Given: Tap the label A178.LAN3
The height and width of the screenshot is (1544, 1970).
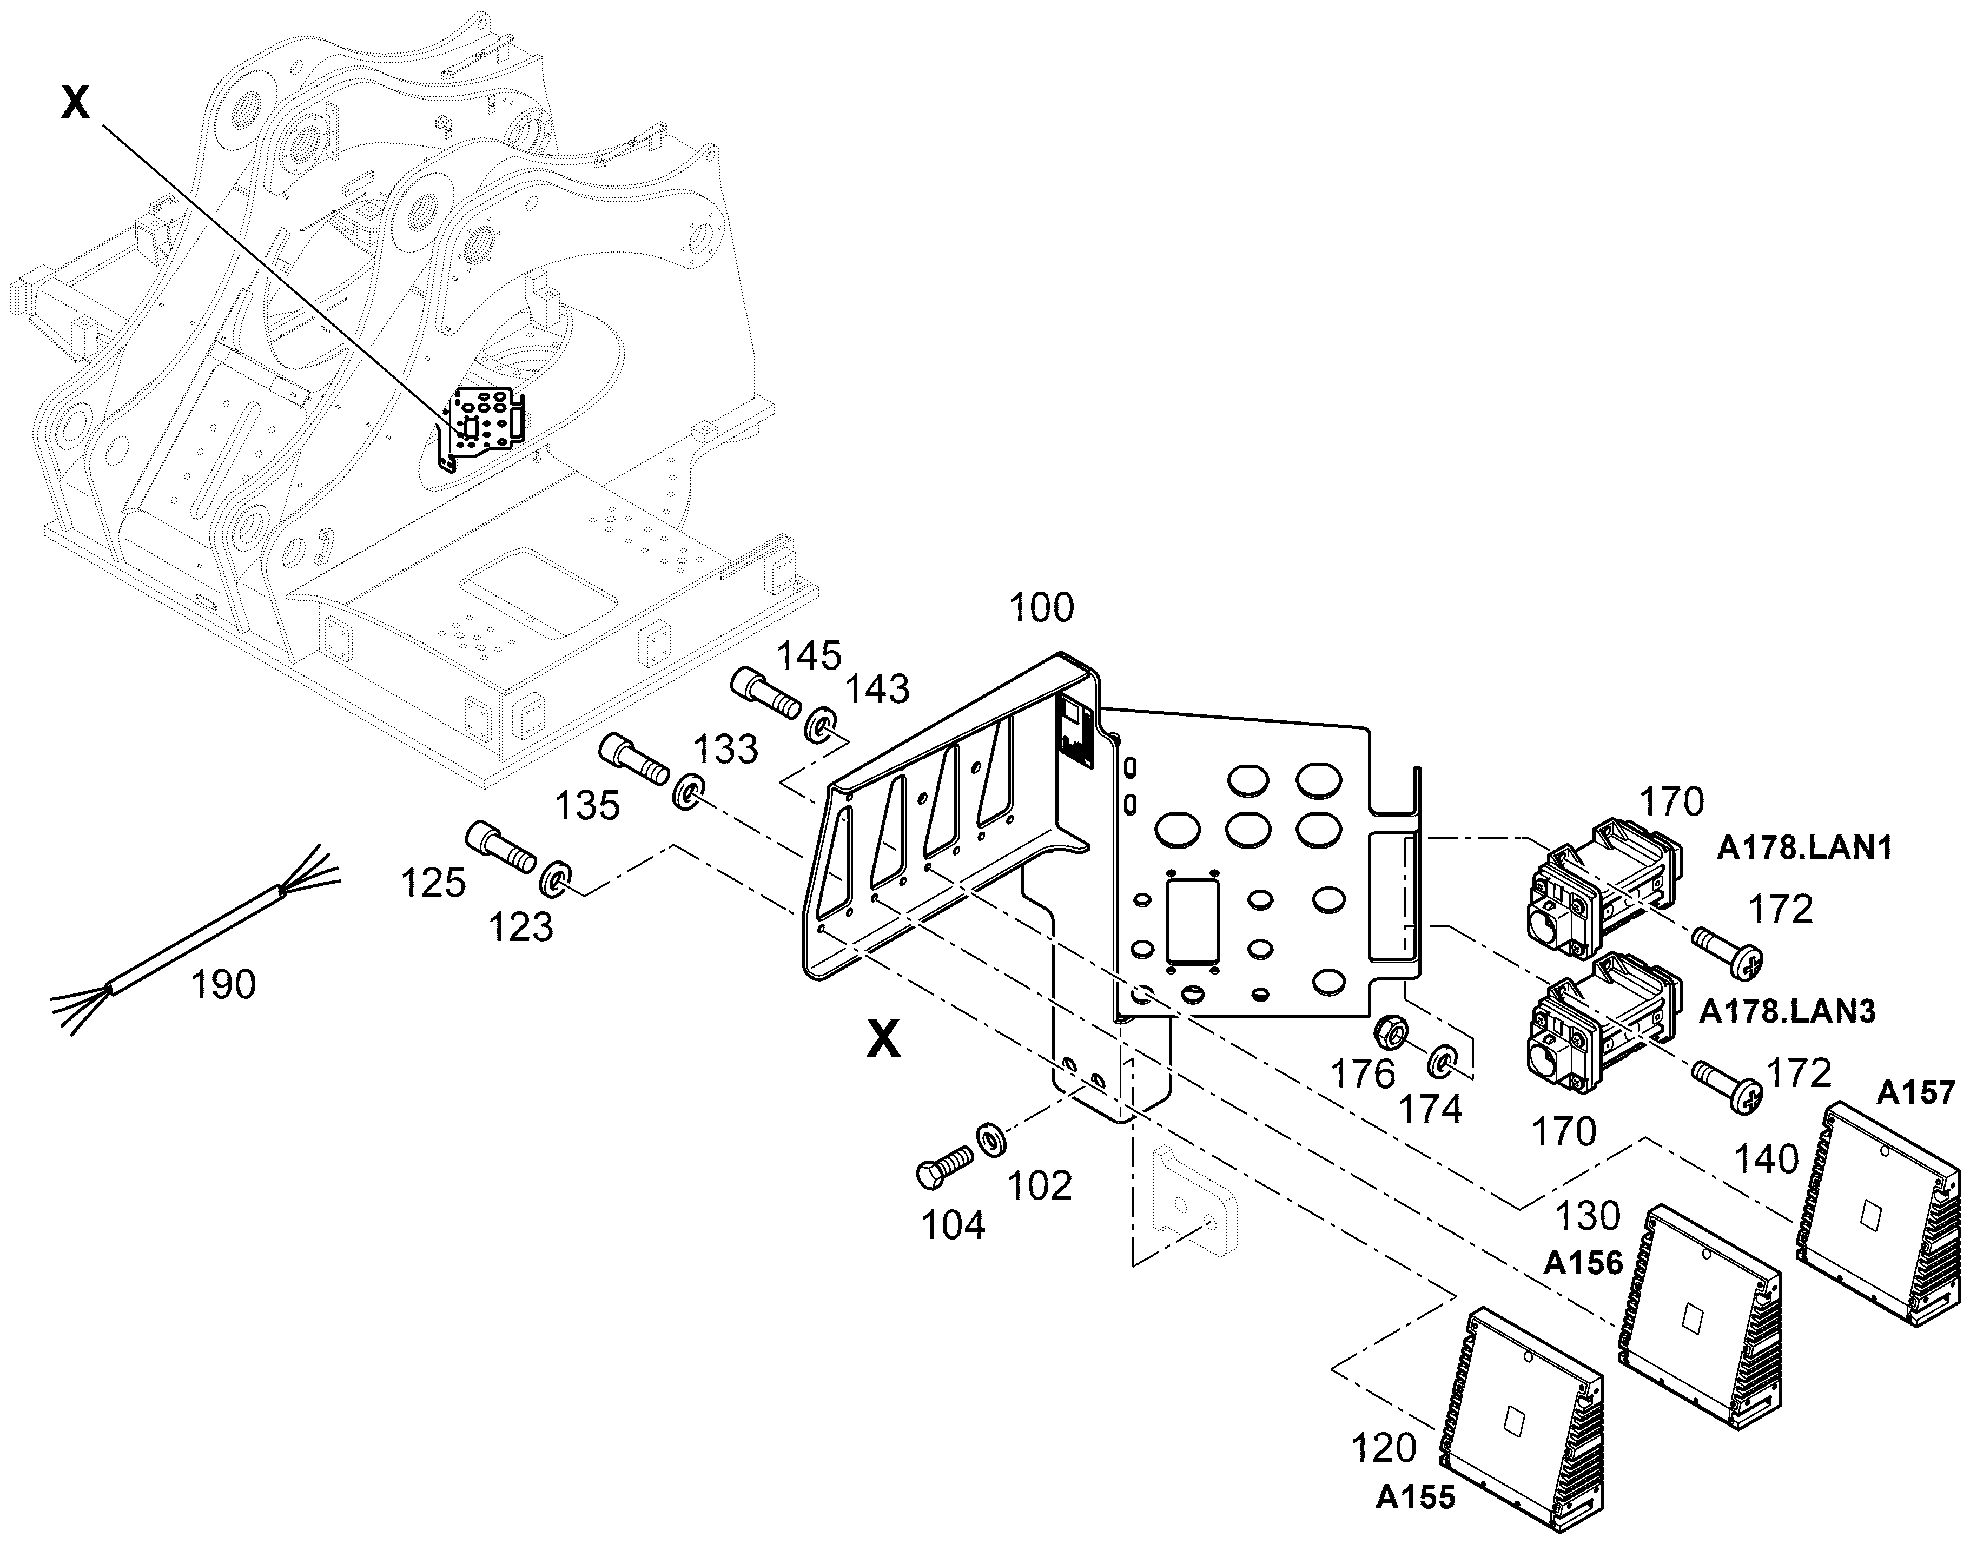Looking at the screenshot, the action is point(1787,1011).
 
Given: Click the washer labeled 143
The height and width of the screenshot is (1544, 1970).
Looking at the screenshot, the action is point(819,726).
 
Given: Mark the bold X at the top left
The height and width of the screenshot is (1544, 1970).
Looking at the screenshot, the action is point(76,103).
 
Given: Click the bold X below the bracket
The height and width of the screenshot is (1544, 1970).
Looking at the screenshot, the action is point(883,1039).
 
